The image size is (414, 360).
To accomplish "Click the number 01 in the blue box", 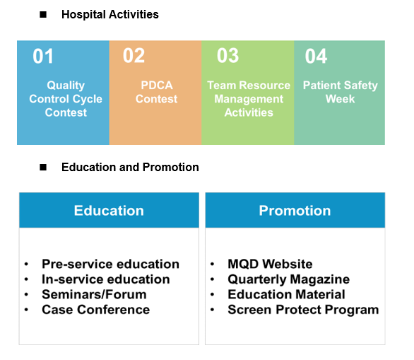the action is click(x=43, y=56).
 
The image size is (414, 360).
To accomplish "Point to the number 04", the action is click(x=316, y=56).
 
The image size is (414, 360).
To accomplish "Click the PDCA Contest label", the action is click(x=157, y=92).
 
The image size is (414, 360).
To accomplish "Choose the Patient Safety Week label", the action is click(x=341, y=92).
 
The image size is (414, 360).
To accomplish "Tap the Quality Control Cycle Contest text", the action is click(x=66, y=99).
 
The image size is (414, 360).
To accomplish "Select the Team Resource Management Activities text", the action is click(x=249, y=99).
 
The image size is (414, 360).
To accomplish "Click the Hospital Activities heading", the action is click(x=110, y=15).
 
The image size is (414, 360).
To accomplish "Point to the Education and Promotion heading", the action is click(x=130, y=168).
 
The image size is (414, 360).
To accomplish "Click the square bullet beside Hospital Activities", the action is click(x=43, y=15).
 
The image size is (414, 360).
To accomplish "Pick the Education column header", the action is click(x=109, y=210).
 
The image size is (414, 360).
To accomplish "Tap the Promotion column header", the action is click(x=295, y=210).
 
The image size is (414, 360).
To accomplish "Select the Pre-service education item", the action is click(x=111, y=264).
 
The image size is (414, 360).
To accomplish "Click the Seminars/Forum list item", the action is click(x=94, y=294).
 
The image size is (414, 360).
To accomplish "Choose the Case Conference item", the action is click(x=96, y=310).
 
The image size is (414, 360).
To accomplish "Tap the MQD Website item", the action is click(x=271, y=264).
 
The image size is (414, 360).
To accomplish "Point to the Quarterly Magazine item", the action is click(x=289, y=279).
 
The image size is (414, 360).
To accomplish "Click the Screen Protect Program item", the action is click(x=303, y=310).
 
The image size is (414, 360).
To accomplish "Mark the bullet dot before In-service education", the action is click(x=26, y=279).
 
